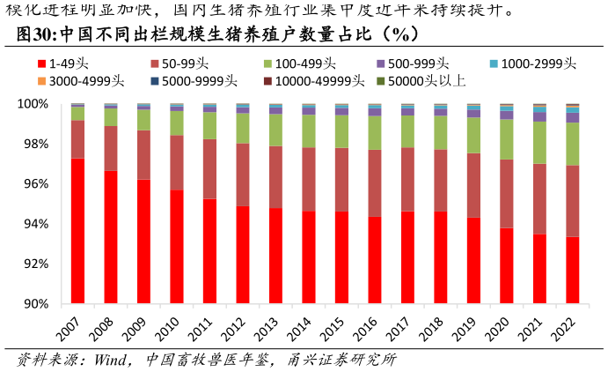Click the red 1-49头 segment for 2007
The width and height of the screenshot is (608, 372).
pos(77,231)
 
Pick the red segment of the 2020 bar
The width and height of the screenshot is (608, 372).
pos(506,265)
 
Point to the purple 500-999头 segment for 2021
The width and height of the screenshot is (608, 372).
pos(539,116)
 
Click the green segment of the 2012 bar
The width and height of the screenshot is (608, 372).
pos(242,128)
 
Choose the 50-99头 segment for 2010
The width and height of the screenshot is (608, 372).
pos(176,162)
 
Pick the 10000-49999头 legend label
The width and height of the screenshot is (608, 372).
pos(313,81)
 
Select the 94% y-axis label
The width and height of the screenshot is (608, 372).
pos(35,224)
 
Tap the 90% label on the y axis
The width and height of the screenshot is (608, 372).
pos(35,304)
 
